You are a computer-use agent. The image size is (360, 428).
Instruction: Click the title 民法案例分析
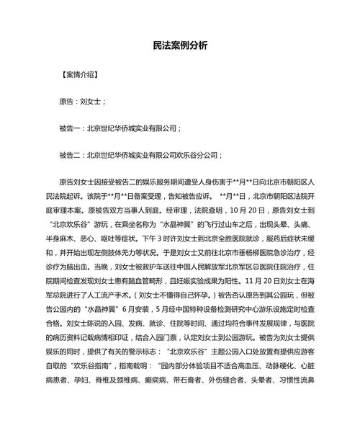pos(180,45)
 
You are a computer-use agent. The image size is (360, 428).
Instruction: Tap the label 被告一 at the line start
pos(71,128)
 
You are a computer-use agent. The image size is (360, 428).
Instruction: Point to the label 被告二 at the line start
pos(71,155)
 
